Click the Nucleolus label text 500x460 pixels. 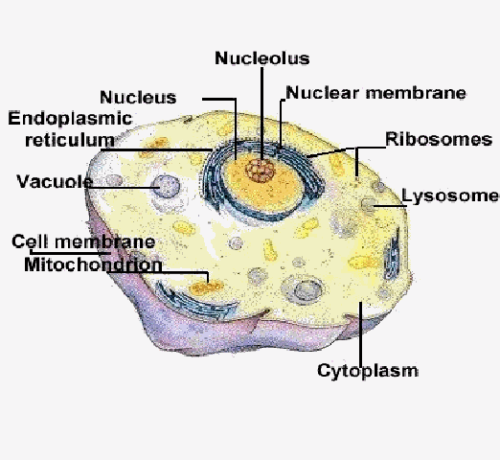pos(262,58)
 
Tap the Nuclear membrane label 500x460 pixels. pos(375,93)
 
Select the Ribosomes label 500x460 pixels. pos(439,139)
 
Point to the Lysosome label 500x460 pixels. pos(450,195)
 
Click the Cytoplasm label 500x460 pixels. pos(368,371)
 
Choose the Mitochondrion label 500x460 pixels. pos(93,264)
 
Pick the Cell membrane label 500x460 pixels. pos(83,241)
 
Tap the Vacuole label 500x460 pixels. pos(55,181)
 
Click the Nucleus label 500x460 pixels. pos(138,97)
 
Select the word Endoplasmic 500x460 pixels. pos(70,119)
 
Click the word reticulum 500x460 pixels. pos(70,140)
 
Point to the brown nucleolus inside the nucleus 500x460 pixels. pos(261,171)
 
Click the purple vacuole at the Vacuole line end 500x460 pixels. pos(166,186)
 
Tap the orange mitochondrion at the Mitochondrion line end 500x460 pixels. pos(206,287)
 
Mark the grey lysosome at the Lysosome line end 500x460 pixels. pos(368,204)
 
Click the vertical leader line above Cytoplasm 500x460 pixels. pos(361,333)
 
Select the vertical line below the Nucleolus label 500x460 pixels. pos(262,113)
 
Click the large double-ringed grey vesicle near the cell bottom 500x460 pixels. pos(304,289)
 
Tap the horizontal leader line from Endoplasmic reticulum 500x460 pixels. pos(156,149)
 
